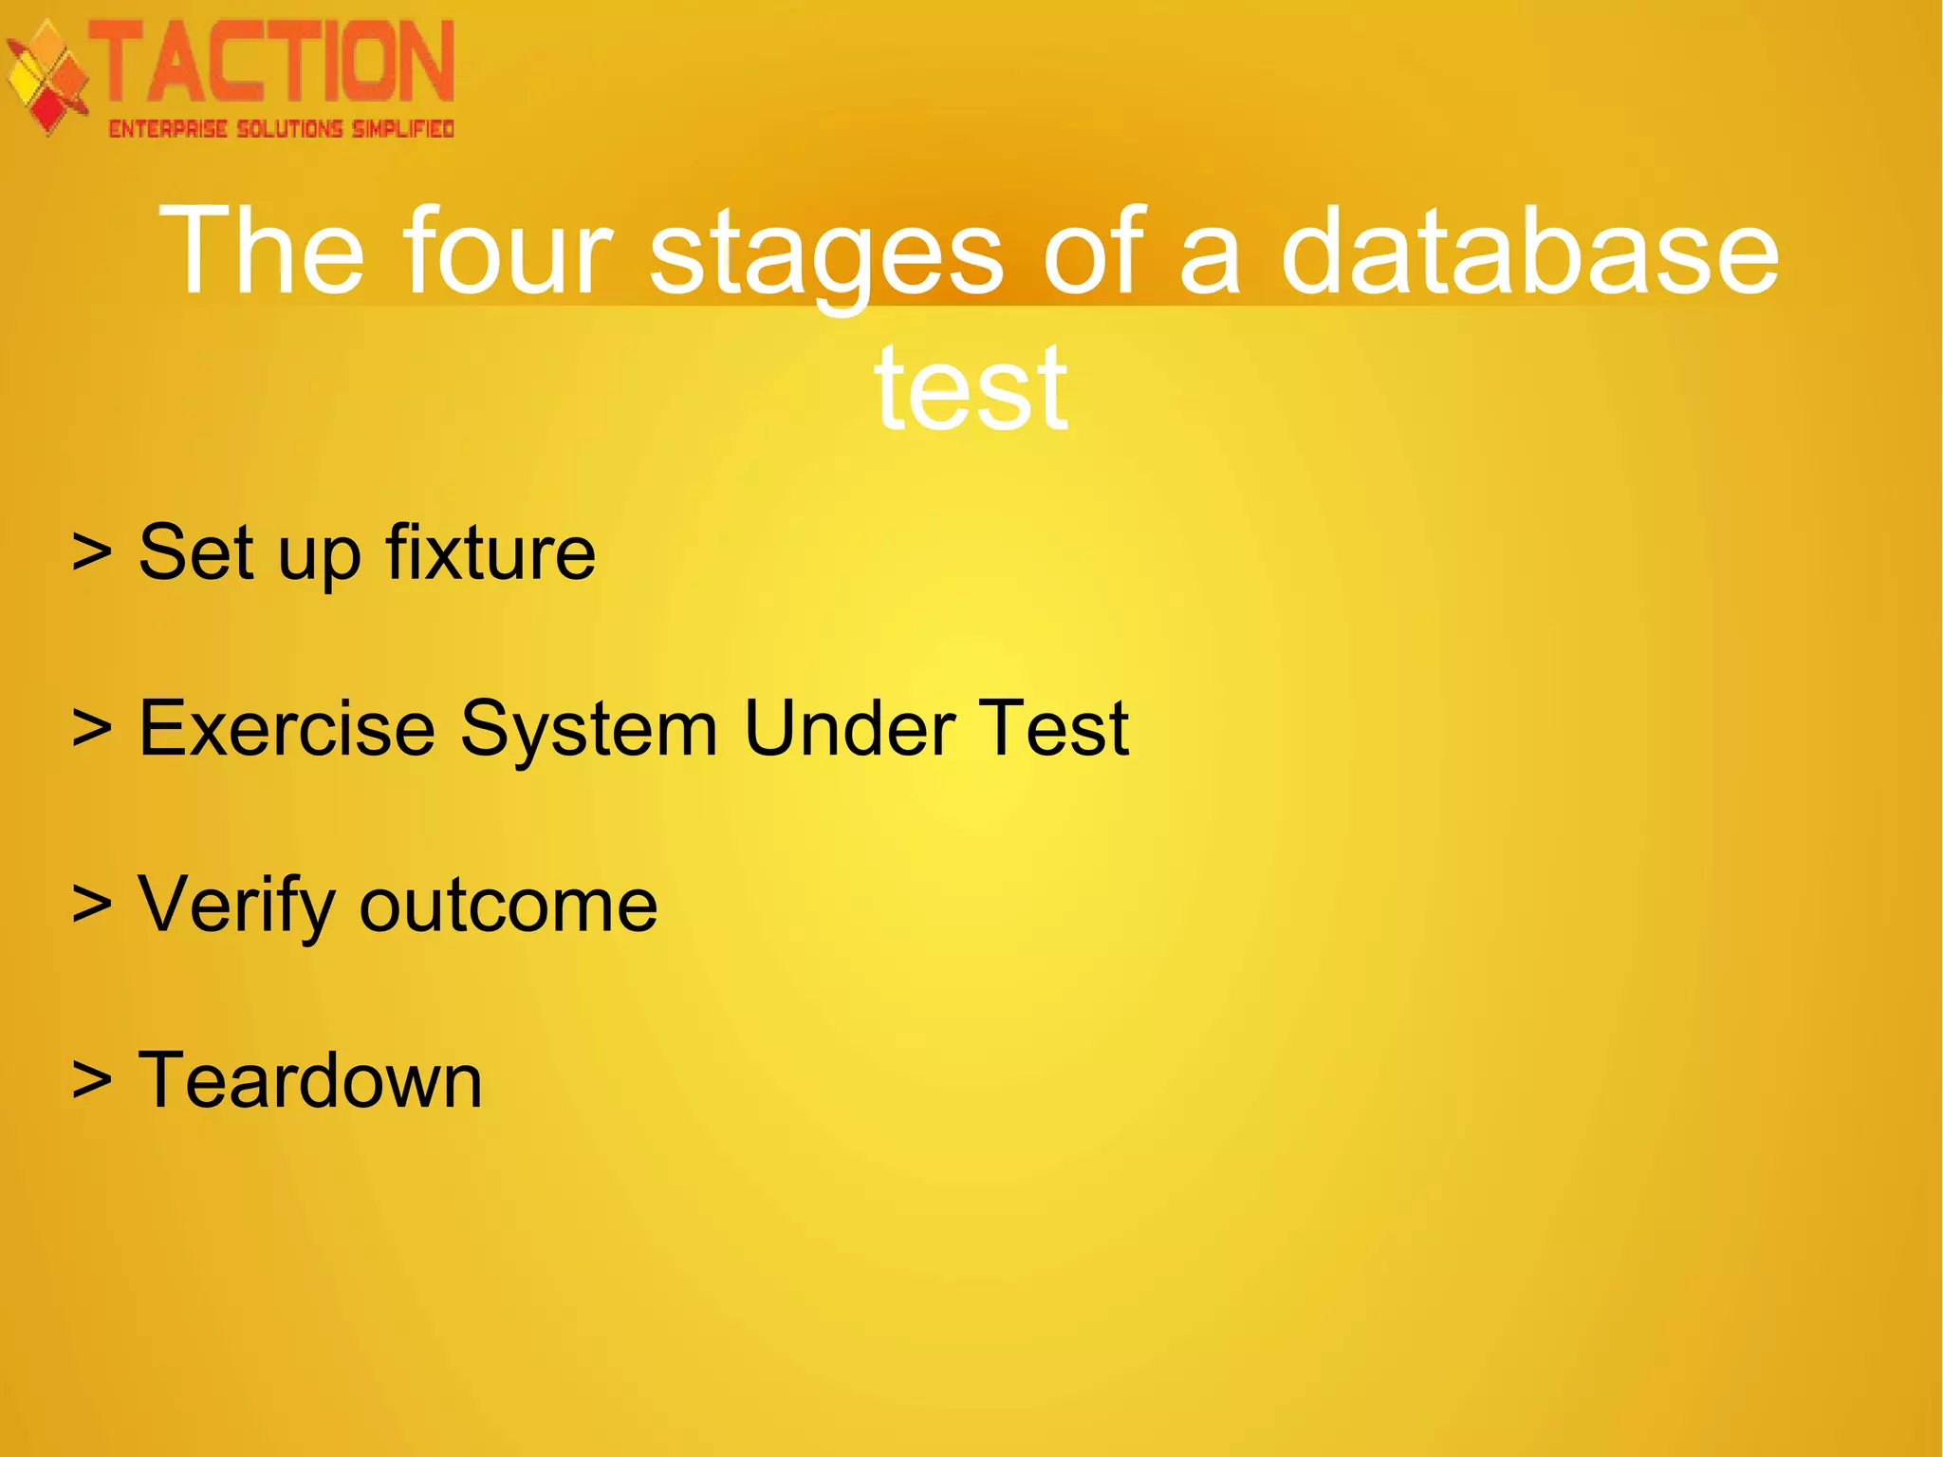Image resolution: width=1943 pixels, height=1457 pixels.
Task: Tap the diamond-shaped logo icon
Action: point(47,78)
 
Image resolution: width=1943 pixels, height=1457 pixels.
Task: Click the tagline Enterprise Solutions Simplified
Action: point(281,129)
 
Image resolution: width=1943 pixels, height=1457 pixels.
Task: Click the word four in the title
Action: point(509,252)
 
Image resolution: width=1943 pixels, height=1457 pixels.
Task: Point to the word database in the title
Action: point(1529,252)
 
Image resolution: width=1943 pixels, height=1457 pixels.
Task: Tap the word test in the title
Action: point(971,388)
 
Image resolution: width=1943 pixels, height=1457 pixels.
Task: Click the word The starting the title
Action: point(262,252)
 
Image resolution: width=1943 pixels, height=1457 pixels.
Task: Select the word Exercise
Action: point(287,728)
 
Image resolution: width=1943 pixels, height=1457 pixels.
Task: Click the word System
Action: point(589,728)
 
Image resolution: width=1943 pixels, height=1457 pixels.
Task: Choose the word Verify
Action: point(237,905)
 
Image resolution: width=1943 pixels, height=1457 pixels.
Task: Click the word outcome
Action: point(509,905)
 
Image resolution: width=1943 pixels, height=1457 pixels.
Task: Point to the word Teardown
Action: point(310,1080)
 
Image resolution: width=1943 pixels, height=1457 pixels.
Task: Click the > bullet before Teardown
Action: point(92,1080)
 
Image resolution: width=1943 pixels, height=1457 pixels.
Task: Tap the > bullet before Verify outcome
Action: point(92,905)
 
